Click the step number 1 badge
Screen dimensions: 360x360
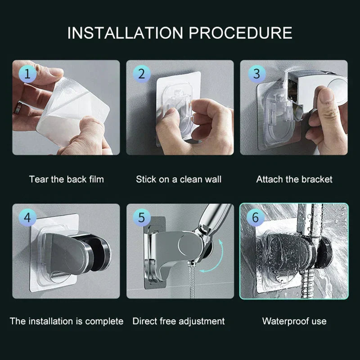coord(27,74)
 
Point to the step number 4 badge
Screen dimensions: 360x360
coord(27,218)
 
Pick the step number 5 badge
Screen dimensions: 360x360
coord(141,218)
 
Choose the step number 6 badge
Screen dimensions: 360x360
coord(256,218)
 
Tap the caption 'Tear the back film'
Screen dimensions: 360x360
coord(66,179)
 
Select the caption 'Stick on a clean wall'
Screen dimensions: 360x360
coord(179,179)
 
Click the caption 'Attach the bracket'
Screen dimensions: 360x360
coord(294,179)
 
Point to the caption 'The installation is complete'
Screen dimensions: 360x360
coord(66,321)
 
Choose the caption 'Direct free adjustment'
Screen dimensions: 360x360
coord(179,321)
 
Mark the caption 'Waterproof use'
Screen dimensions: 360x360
coord(294,321)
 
